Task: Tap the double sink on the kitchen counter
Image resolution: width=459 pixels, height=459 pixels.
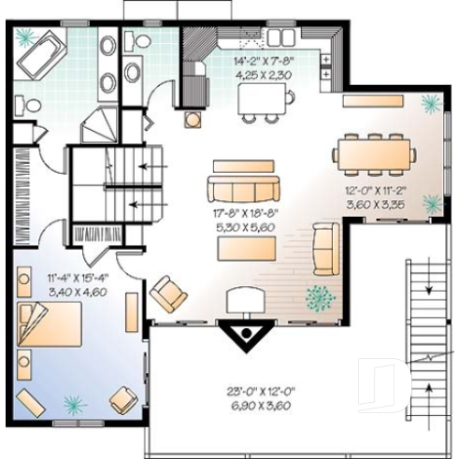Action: click(251, 41)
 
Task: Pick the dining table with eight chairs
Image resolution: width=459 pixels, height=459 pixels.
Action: click(375, 153)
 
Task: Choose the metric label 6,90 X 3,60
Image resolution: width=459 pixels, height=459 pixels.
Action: click(245, 407)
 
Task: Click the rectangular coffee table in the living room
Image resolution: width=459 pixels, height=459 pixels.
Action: click(247, 249)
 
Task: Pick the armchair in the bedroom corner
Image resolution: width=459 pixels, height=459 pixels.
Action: click(122, 400)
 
